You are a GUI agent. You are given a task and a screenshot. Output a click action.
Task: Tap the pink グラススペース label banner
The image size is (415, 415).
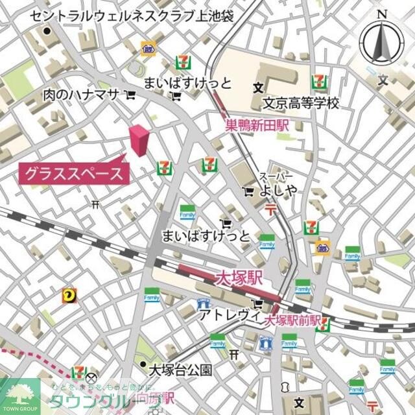coord(73,173)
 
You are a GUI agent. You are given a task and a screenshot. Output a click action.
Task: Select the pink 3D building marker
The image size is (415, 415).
coord(139,140)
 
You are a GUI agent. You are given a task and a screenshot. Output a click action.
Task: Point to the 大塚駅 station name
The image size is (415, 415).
coord(239,279)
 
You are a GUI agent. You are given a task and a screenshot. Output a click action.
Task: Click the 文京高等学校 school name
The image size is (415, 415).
coord(300,103)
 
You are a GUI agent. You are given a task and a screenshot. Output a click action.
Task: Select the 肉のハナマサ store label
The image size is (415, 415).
coord(81,95)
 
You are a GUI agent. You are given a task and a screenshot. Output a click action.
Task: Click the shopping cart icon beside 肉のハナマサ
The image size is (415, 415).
coord(130,95)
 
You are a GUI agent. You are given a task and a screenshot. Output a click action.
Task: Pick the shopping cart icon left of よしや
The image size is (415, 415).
coord(249,191)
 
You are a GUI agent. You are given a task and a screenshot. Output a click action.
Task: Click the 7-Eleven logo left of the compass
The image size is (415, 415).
coord(318,81)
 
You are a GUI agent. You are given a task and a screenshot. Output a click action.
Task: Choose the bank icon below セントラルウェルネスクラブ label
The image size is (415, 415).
coord(148,47)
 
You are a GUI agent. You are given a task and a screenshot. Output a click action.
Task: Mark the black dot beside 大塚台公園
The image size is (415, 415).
coord(143,365)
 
